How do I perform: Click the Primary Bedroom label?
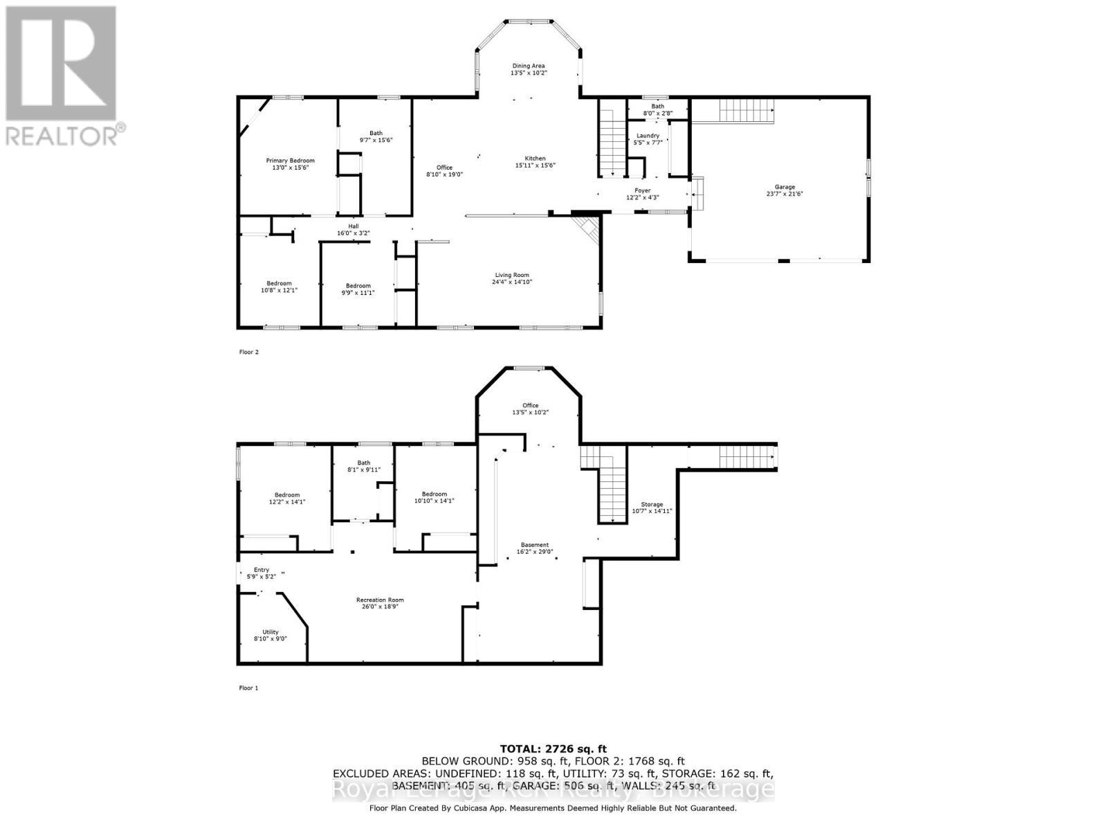click(x=290, y=161)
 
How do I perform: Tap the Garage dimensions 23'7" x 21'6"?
click(x=784, y=195)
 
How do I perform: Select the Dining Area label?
click(x=528, y=66)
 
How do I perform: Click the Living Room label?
click(x=511, y=274)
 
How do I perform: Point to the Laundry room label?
click(x=648, y=136)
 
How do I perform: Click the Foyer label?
click(x=642, y=190)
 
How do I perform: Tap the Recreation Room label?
click(x=380, y=600)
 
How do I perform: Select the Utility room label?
click(x=270, y=632)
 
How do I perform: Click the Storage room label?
click(x=651, y=504)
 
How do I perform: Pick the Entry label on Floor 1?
click(x=261, y=570)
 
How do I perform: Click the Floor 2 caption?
click(x=248, y=352)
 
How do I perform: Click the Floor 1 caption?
click(x=248, y=688)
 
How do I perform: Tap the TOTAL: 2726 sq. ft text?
click(x=553, y=749)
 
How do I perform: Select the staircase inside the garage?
click(x=746, y=109)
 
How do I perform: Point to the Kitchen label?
click(x=534, y=159)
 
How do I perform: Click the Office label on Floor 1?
click(x=530, y=406)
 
